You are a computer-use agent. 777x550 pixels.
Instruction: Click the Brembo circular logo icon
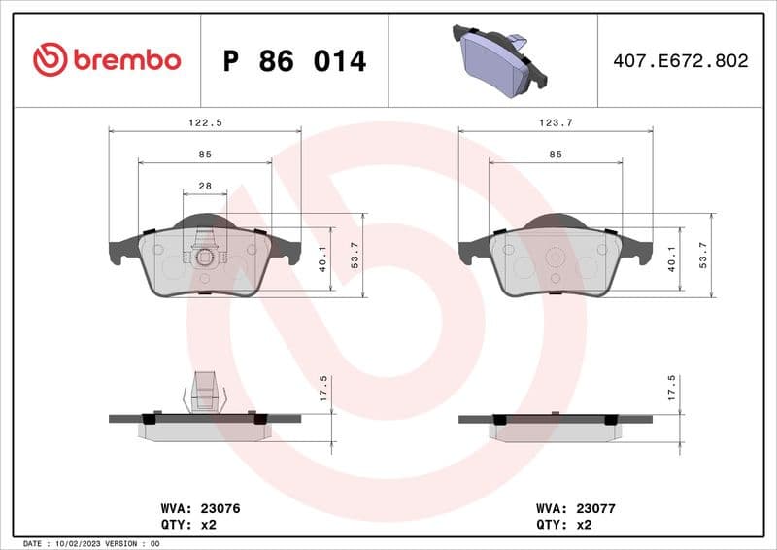click(50, 60)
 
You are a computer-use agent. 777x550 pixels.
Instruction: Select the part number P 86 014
click(294, 61)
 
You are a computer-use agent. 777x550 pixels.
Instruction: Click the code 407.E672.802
click(681, 61)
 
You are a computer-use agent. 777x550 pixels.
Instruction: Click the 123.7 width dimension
click(555, 123)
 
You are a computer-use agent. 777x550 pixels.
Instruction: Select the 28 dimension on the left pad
click(205, 186)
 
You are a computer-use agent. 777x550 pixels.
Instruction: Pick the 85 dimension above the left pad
click(205, 155)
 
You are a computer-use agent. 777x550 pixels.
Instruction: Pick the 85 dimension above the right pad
click(556, 155)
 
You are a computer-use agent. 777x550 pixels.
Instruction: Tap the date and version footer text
click(89, 543)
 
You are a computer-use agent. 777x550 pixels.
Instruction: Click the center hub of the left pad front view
click(205, 258)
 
